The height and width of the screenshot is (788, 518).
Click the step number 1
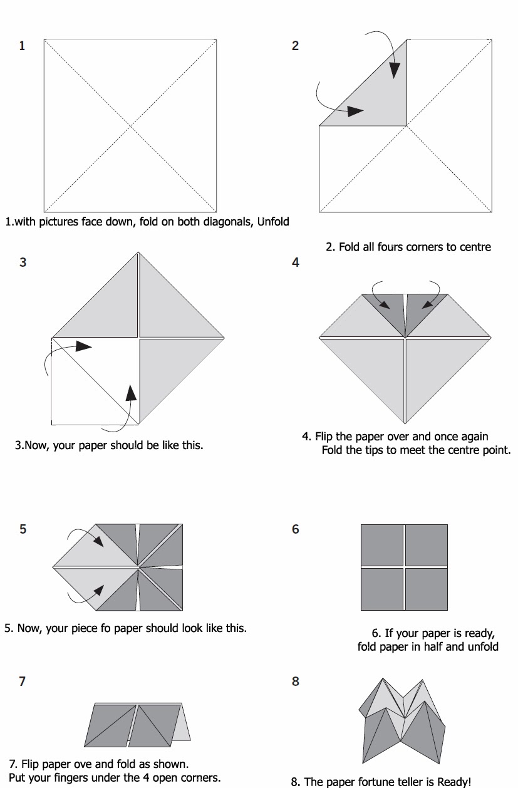click(22, 46)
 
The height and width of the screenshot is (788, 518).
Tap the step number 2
click(295, 46)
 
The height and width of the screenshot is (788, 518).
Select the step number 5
click(23, 529)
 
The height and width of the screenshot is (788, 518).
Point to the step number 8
click(296, 682)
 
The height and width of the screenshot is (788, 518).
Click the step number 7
click(23, 682)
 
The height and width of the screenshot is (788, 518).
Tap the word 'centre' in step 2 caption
click(474, 247)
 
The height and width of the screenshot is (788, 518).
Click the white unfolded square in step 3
click(88, 388)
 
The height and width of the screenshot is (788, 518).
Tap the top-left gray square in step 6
click(381, 545)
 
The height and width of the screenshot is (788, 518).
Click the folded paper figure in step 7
click(137, 724)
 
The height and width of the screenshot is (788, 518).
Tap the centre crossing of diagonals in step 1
click(130, 126)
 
